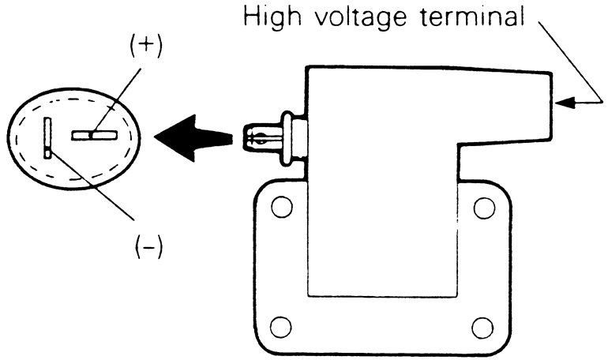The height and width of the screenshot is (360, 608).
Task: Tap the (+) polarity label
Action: pyautogui.click(x=145, y=46)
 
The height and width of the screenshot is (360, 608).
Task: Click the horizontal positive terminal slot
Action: pyautogui.click(x=94, y=136)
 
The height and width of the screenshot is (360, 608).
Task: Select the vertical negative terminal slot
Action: pyautogui.click(x=48, y=138)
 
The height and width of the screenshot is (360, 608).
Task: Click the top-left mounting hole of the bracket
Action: pyautogui.click(x=277, y=208)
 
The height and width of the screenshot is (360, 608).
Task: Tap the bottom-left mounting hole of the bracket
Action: pyautogui.click(x=277, y=324)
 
